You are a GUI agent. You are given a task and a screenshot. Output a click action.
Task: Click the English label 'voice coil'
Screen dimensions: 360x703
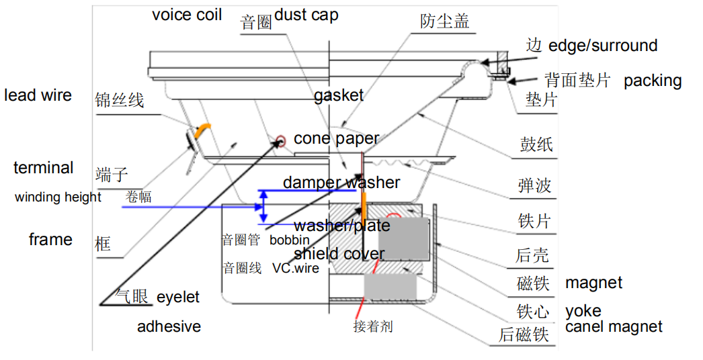[x=187, y=15]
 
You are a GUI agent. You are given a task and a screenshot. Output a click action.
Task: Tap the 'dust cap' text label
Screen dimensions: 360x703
[x=306, y=15]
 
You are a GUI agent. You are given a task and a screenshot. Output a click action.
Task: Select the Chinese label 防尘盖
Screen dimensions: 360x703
[x=444, y=21]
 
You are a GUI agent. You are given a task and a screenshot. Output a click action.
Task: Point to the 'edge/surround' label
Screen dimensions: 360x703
[x=603, y=46]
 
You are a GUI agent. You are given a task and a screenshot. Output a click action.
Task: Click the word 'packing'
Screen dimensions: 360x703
[x=652, y=81]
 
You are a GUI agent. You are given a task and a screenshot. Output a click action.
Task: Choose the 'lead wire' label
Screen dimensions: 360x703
[x=38, y=95]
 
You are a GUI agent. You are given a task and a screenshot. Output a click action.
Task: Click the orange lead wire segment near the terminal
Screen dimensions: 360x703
[x=200, y=133]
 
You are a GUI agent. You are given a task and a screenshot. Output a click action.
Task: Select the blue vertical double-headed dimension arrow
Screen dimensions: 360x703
[x=264, y=206]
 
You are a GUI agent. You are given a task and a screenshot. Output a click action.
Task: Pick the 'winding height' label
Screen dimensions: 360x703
[x=58, y=197]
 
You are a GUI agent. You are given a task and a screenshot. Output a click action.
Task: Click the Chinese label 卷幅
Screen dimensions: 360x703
[x=138, y=197]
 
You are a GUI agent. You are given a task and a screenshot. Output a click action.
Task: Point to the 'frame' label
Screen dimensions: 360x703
[x=50, y=240]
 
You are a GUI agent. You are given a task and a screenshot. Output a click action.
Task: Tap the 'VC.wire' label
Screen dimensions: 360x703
[x=296, y=268]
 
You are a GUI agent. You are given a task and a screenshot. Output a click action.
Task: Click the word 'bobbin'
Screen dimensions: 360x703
[x=290, y=240]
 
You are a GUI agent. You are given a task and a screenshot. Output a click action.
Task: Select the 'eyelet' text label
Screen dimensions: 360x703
[x=178, y=297]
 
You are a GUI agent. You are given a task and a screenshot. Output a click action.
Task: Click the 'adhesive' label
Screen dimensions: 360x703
[x=169, y=327]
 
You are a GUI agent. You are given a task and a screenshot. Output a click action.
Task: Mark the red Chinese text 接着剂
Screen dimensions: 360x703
[x=373, y=327]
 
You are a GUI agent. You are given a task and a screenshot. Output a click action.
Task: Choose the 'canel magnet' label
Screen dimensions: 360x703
[x=614, y=327]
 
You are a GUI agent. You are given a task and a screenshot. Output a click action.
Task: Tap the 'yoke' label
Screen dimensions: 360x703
[x=583, y=311]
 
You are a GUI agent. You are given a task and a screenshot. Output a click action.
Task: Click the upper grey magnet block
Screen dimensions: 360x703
[x=404, y=239]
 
